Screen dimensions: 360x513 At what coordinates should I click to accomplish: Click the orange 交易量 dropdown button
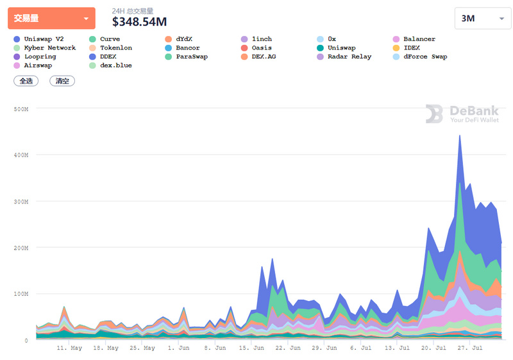coord(51,19)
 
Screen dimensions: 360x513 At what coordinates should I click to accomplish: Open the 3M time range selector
coord(482,19)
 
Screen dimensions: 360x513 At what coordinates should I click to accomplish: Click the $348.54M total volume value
coord(139,22)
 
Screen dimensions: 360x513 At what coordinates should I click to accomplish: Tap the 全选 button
coord(26,81)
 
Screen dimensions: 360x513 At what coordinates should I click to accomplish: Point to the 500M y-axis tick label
coord(21,109)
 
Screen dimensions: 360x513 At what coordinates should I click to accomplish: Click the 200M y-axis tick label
coord(21,248)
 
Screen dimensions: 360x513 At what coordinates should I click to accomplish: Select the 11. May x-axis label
coord(69,348)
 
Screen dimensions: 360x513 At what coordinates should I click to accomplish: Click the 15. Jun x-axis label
coord(253,348)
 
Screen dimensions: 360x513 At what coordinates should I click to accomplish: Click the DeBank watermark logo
coord(462,114)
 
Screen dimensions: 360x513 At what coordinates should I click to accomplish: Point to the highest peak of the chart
coord(459,135)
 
